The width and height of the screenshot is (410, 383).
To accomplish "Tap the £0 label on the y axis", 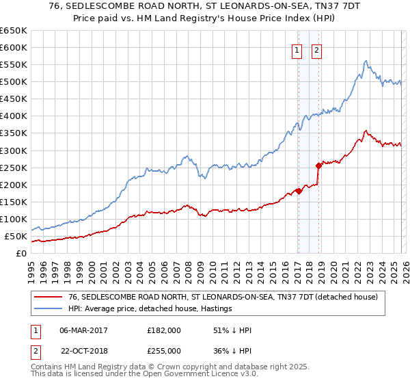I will (x=21, y=253).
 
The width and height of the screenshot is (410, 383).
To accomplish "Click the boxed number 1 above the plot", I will (x=298, y=49).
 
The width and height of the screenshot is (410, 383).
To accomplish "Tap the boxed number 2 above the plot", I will (x=318, y=49).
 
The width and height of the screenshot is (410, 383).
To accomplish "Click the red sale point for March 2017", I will (x=299, y=191).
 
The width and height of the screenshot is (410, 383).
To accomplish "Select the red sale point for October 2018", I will (x=318, y=166).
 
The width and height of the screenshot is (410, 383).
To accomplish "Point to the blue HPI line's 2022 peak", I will (x=366, y=62).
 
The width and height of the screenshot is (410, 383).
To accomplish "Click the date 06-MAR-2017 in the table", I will (x=83, y=330).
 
